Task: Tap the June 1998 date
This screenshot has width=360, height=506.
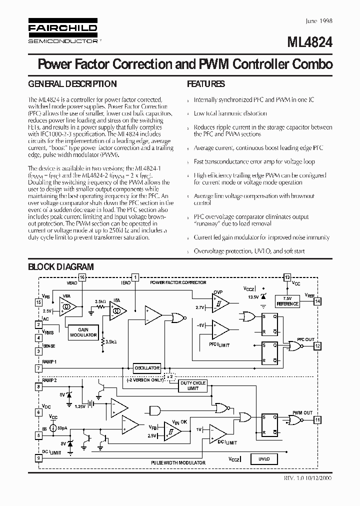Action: click(x=318, y=21)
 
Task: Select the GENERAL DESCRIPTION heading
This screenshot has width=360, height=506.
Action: click(x=72, y=84)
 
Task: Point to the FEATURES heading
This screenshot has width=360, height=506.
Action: click(x=205, y=84)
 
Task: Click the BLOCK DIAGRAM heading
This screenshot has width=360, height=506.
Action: click(x=60, y=267)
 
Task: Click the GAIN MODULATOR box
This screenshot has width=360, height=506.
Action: click(x=83, y=332)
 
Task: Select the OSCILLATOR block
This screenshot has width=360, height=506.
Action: click(x=147, y=368)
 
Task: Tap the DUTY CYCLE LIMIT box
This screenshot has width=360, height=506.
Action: click(x=192, y=385)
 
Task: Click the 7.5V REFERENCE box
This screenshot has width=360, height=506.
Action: click(x=287, y=301)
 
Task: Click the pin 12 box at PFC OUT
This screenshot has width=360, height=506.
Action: click(x=317, y=345)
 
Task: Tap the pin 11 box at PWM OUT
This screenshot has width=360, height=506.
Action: click(x=317, y=420)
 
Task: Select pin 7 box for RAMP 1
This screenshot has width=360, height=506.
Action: click(x=38, y=368)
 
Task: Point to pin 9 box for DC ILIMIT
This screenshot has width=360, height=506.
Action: click(x=38, y=457)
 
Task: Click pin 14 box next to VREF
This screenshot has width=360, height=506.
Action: click(x=317, y=301)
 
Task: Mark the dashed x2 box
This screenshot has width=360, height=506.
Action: click(x=170, y=376)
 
